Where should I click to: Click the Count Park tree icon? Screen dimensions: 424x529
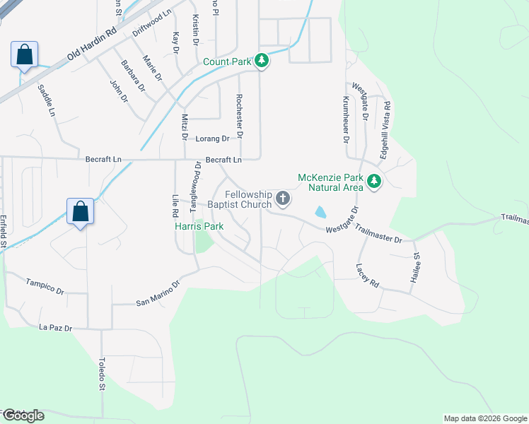262,61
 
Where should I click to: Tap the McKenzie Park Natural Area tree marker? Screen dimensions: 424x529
374,182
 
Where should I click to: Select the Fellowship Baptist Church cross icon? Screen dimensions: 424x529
283,199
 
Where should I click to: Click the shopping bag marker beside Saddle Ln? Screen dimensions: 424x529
24,54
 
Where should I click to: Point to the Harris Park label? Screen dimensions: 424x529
199,227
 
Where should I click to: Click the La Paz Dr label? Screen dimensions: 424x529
56,328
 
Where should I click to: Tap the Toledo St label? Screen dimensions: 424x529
101,373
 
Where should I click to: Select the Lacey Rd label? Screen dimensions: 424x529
368,275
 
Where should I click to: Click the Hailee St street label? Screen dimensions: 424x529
417,269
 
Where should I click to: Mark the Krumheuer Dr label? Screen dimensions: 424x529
347,119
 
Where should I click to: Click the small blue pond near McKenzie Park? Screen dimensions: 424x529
320,211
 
